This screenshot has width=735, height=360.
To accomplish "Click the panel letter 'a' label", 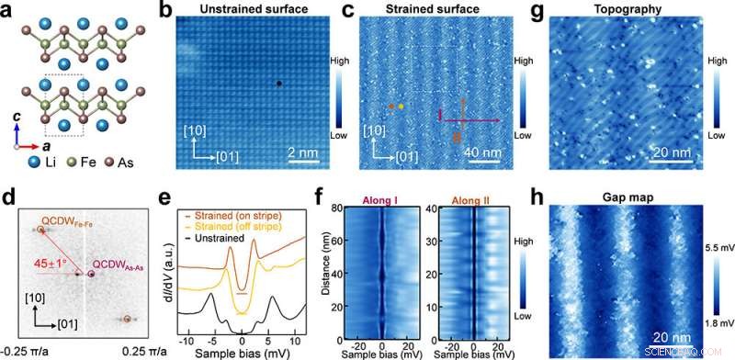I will coord(8,11).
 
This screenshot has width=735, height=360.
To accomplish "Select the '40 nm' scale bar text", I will coord(488,152).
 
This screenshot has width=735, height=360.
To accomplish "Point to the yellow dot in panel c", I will coord(401,107).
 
